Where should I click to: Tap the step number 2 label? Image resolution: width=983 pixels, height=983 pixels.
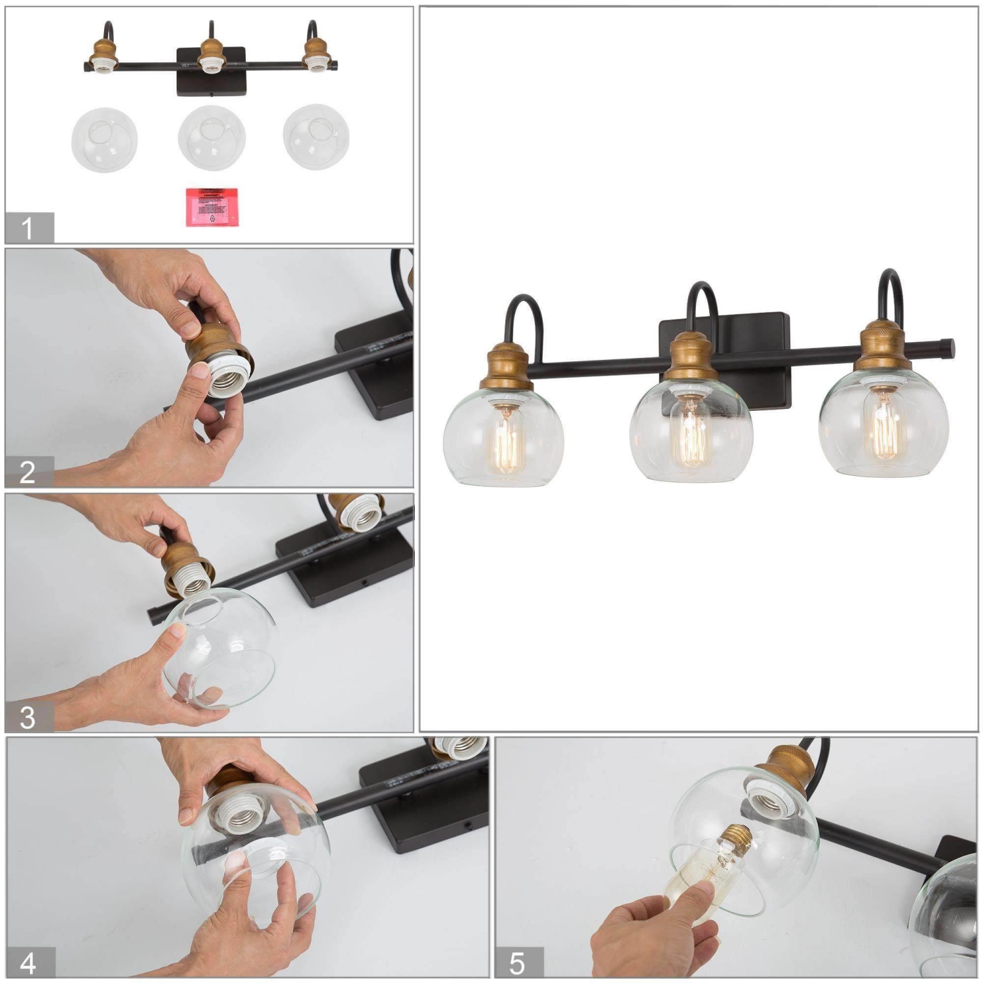28,472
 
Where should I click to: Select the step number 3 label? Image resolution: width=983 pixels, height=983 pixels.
28,718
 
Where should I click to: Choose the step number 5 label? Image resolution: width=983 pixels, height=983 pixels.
518,963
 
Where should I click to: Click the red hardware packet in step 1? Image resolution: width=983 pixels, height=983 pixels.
212,207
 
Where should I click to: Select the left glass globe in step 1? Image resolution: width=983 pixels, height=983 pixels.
104,140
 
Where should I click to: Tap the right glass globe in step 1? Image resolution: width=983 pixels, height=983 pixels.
316,137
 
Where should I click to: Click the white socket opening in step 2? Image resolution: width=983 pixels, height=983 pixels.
226,381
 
